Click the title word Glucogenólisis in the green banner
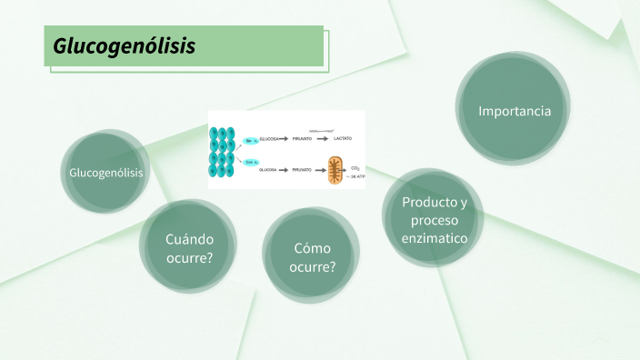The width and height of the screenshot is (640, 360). (124, 46)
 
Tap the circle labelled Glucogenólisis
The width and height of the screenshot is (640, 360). (105, 172)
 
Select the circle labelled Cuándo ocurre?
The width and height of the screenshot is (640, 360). (189, 248)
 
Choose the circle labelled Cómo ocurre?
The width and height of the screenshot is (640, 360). (312, 257)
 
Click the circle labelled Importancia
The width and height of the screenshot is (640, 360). (515, 111)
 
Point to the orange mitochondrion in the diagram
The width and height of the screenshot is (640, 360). (337, 170)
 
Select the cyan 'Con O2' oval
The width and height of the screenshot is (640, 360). (252, 162)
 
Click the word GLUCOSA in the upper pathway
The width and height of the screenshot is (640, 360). (269, 139)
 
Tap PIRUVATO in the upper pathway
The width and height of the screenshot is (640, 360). (302, 139)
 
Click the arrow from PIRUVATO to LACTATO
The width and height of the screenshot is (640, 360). (323, 139)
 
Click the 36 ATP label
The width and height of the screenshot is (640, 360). (355, 176)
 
